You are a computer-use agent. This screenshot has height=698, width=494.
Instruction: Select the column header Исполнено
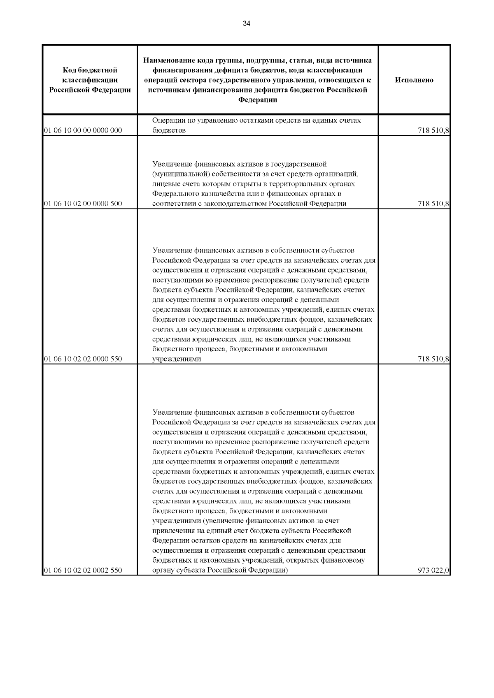414,80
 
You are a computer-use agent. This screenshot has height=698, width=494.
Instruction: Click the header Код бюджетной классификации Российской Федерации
90,80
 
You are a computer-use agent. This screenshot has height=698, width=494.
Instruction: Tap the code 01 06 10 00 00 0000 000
83,131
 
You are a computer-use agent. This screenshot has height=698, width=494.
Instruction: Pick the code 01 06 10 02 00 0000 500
83,204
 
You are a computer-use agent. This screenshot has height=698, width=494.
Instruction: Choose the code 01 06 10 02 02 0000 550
83,359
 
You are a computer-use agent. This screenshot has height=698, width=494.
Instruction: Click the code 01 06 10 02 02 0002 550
83,570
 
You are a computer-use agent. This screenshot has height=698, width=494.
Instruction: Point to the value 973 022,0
433,570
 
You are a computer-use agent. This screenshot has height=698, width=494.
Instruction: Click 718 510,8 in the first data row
433,131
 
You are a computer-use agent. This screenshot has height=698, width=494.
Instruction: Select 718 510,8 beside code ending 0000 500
433,204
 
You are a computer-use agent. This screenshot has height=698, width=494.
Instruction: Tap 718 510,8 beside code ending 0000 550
433,359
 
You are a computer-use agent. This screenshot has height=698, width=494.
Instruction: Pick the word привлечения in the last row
172,531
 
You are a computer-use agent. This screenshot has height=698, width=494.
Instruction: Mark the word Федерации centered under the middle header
258,100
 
